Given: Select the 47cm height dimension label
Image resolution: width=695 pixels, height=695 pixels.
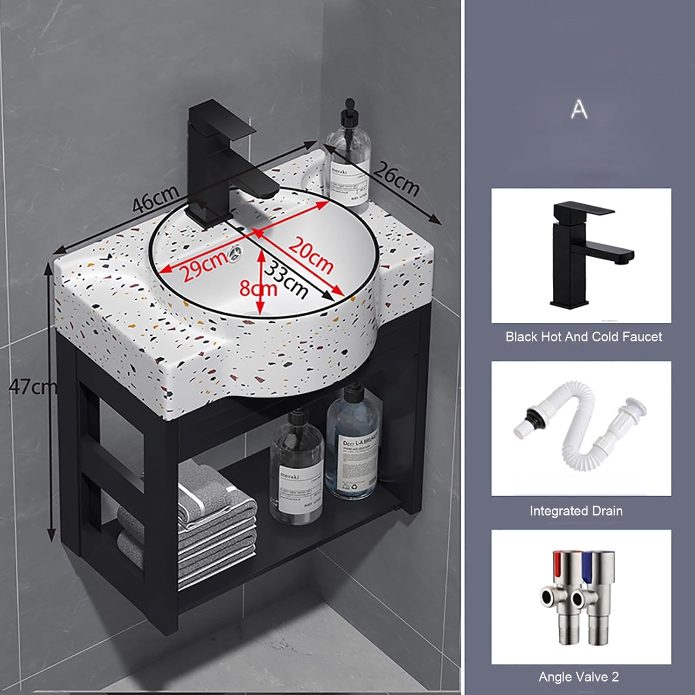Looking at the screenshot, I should pyautogui.click(x=32, y=386).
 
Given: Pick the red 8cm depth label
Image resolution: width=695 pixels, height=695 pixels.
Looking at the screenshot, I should pyautogui.click(x=257, y=289).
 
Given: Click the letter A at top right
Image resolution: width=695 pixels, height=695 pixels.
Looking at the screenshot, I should pyautogui.click(x=579, y=109).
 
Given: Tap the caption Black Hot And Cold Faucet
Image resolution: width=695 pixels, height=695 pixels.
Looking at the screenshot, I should pyautogui.click(x=583, y=337).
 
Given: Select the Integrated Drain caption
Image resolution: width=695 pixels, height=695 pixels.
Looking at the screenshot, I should pyautogui.click(x=576, y=511).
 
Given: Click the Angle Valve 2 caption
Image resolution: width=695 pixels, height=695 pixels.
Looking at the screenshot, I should pyautogui.click(x=578, y=677).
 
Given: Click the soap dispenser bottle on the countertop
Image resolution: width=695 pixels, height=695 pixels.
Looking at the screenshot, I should pyautogui.click(x=348, y=158).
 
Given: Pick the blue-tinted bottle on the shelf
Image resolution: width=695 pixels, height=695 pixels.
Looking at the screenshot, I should pyautogui.click(x=353, y=445).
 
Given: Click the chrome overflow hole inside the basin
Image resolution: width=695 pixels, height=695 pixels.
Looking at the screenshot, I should pyautogui.click(x=235, y=252).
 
